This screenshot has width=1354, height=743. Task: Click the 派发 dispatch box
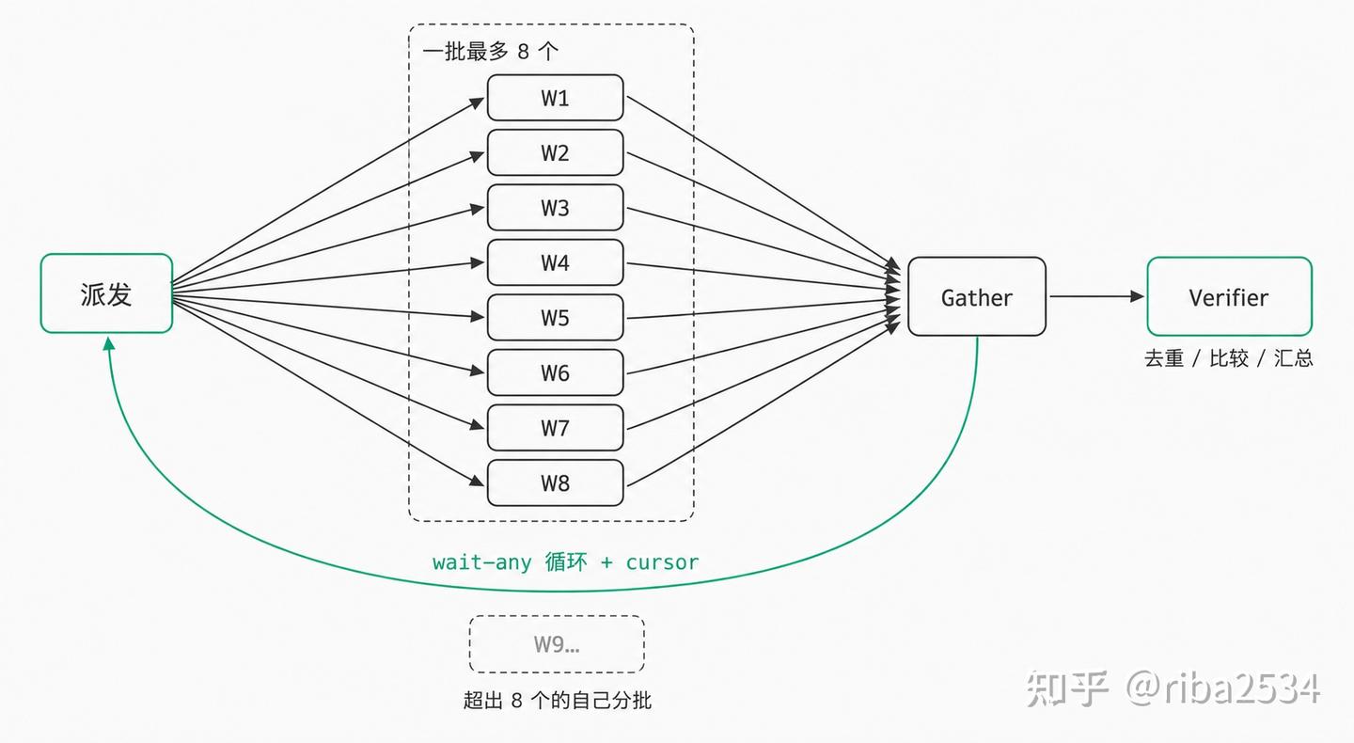point(106,293)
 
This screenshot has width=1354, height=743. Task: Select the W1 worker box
point(555,97)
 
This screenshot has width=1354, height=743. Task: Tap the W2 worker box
point(555,152)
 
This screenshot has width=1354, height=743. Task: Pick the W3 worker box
point(555,207)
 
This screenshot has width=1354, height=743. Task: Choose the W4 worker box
point(555,262)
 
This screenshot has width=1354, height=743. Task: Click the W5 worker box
point(555,317)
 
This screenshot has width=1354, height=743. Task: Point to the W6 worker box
point(555,372)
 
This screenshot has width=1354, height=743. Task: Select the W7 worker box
point(555,427)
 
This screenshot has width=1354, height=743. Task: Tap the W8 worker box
point(555,482)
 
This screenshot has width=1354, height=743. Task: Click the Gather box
point(977,296)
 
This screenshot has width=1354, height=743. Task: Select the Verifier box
point(1230,296)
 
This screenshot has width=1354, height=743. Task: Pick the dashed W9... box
point(557,644)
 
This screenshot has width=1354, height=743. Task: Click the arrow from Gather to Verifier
point(1096,296)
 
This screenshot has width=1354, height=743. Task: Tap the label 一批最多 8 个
point(490,52)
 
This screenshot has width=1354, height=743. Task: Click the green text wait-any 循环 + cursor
point(565,562)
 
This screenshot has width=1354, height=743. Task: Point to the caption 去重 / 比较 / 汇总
point(1229,358)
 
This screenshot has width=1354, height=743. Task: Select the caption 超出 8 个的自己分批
point(558,700)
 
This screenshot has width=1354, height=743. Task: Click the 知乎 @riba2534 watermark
point(1173,688)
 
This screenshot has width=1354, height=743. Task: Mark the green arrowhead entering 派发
point(109,343)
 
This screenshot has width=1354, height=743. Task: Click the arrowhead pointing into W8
point(478,481)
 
